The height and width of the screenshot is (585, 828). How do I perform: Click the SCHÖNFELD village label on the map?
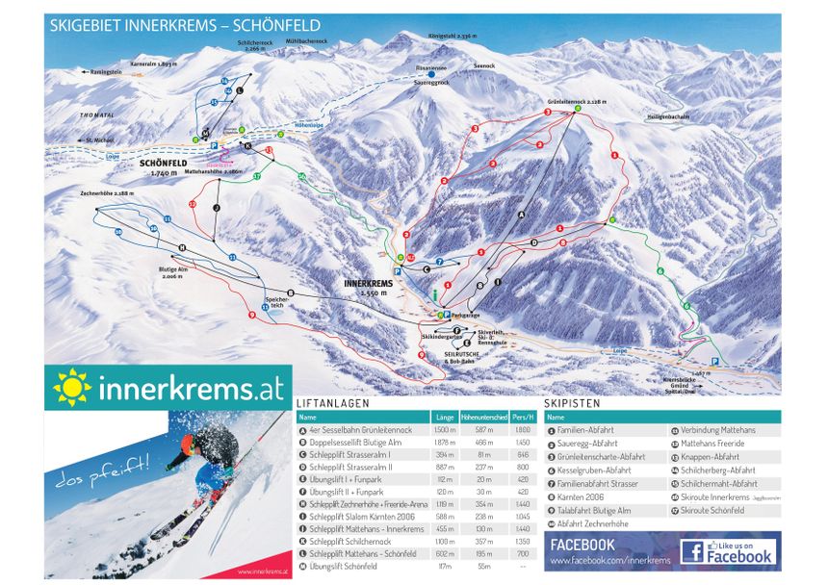click(163, 164)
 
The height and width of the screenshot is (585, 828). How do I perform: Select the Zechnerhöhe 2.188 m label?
click(107, 194)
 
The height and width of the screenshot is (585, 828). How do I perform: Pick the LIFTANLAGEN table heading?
click(331, 404)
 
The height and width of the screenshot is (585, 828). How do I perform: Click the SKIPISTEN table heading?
click(570, 404)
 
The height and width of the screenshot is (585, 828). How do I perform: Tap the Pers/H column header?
click(522, 419)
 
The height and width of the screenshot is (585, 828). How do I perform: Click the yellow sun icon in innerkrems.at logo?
click(70, 388)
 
